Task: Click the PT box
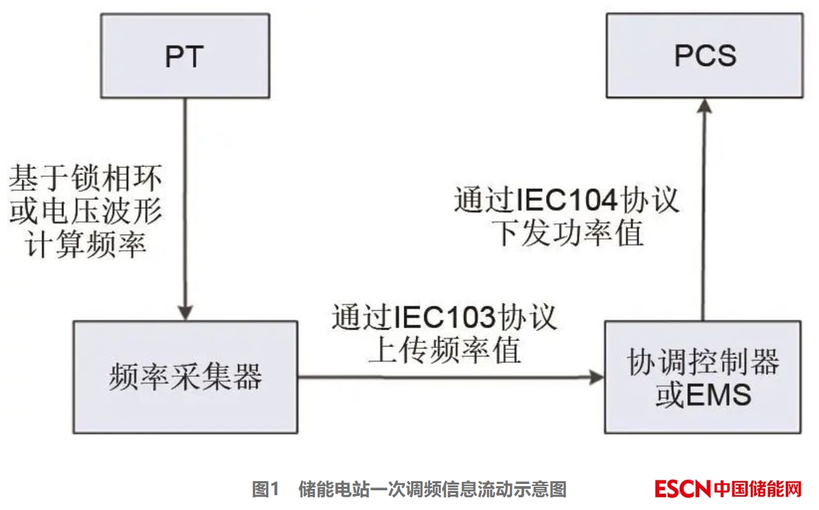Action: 185,56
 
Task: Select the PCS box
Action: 704,56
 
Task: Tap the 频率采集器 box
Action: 185,377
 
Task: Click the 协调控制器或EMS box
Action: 702,377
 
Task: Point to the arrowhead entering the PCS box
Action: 702,106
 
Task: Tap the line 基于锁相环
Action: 85,178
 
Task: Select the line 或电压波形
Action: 85,211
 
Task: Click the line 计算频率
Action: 85,244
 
